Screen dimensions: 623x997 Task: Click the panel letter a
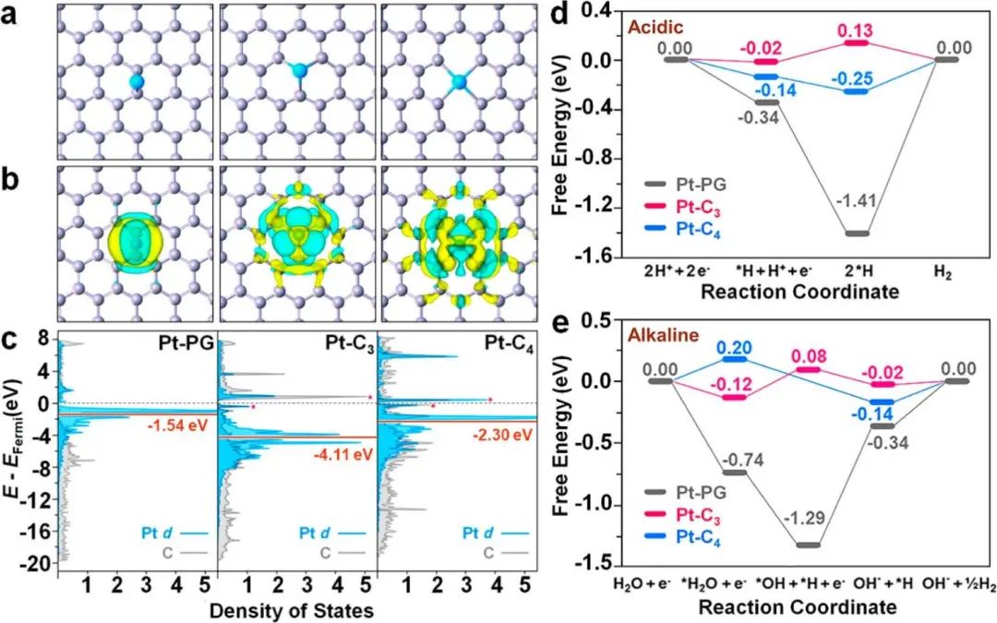pos(17,19)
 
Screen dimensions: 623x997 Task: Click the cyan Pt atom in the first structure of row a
pos(137,83)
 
